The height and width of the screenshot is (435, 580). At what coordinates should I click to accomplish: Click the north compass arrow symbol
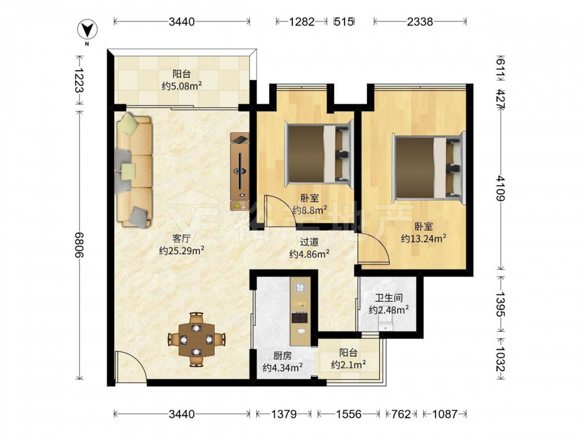(88, 30)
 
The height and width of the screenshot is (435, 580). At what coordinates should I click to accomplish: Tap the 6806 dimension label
(79, 245)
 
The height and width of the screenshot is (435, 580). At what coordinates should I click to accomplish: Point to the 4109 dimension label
(501, 188)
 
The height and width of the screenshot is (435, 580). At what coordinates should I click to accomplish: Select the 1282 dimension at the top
(302, 21)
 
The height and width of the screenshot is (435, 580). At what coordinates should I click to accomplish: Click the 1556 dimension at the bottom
(349, 414)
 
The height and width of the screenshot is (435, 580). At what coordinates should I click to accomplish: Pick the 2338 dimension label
(419, 21)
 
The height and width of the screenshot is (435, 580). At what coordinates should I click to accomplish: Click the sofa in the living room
(134, 170)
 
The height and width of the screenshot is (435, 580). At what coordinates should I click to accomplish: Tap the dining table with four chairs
(197, 339)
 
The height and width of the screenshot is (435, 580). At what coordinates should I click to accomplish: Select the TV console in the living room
(240, 172)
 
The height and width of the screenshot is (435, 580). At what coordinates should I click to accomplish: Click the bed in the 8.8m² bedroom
(318, 154)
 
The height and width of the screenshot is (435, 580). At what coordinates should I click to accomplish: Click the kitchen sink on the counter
(300, 287)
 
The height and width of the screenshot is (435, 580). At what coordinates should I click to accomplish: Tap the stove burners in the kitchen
(300, 317)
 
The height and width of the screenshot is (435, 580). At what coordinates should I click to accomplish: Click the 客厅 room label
(181, 238)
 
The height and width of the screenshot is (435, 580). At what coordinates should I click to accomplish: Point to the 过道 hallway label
(309, 242)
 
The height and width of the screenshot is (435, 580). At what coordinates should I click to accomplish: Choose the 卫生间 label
(389, 298)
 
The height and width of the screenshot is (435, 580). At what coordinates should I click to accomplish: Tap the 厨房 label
(282, 356)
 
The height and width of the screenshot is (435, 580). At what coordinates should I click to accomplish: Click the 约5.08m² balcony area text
(182, 86)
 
